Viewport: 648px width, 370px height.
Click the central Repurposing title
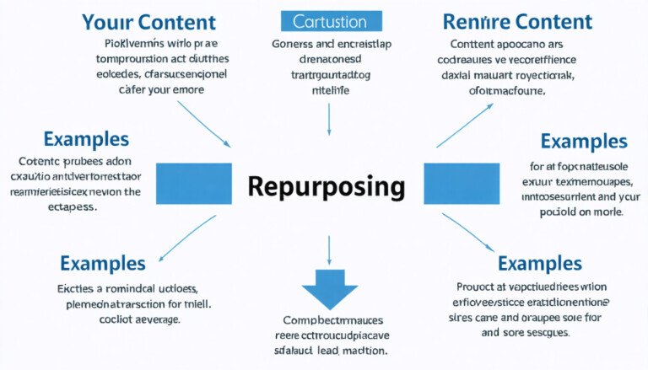[x=327, y=186]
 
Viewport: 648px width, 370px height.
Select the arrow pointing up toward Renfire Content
[x=463, y=121]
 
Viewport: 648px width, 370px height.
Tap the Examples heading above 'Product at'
[x=539, y=264]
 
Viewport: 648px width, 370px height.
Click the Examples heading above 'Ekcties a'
[x=103, y=263]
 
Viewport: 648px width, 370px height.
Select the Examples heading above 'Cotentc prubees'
[x=85, y=139]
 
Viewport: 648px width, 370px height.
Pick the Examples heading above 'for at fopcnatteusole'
[x=584, y=141]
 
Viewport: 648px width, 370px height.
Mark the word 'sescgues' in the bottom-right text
[x=545, y=332]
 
